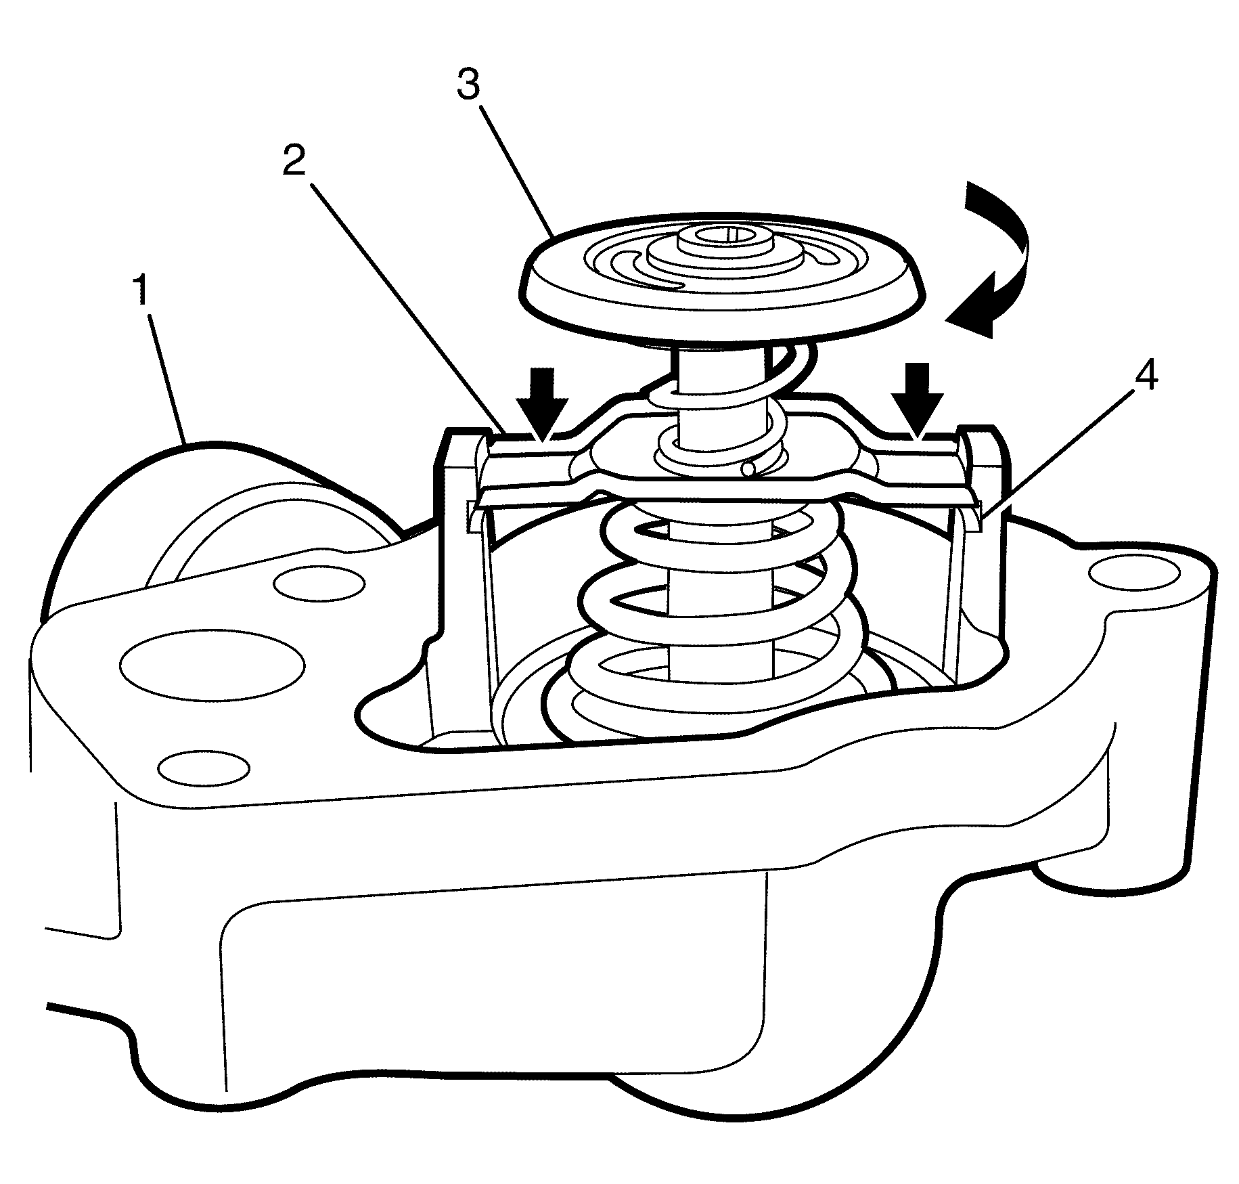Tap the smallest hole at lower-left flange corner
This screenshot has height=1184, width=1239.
click(x=203, y=766)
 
